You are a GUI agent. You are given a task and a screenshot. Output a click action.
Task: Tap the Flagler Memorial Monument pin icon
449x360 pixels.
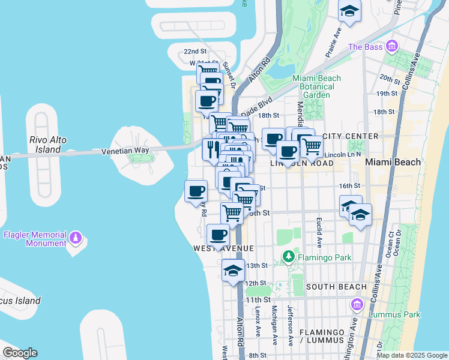click(x=75, y=238)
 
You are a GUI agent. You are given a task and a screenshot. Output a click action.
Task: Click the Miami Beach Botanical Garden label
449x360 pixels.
click(x=316, y=86)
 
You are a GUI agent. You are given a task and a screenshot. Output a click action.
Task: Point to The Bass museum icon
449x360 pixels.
click(x=392, y=46)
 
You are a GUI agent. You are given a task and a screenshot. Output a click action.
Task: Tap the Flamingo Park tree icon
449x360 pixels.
click(x=289, y=258)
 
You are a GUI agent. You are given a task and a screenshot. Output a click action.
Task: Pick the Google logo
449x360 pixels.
click(x=20, y=353)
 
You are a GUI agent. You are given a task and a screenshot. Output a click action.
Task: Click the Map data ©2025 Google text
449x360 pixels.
click(x=412, y=355)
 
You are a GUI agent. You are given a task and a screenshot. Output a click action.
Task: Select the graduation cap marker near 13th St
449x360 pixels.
click(x=233, y=270)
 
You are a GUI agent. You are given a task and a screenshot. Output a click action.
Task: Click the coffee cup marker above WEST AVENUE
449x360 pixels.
click(x=218, y=235)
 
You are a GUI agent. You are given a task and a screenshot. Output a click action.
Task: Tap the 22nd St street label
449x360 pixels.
click(x=195, y=52)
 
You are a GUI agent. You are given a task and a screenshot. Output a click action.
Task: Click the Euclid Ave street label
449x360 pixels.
click(x=319, y=230)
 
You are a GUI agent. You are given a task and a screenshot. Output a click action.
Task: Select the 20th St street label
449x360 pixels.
click(x=389, y=79)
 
